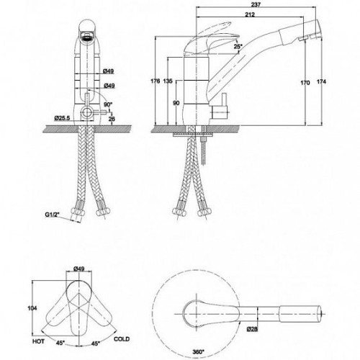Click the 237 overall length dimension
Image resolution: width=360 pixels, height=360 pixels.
pos(256,4)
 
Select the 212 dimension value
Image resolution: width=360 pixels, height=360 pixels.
pos(250,14)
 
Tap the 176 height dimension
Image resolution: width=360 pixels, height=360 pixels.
pos(155,81)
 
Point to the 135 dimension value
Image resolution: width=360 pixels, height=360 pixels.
pos(168,81)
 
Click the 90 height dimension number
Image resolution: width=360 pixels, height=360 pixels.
pos(176,103)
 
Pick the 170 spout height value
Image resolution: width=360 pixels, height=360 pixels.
pos(305,83)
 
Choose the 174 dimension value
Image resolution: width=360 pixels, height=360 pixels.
pos(321,82)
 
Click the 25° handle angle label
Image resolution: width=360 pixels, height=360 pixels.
pos(238,47)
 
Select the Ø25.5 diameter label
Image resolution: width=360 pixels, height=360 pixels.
pos(62,118)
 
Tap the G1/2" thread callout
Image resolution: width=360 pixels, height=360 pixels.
pos(53,215)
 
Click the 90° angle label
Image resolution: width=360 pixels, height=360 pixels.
pos(108,104)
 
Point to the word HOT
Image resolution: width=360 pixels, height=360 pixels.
pos(38,341)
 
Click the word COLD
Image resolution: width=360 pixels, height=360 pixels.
pos(122,339)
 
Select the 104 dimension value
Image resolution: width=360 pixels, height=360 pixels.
pos(32,308)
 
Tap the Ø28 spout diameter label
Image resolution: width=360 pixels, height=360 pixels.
pos(252,329)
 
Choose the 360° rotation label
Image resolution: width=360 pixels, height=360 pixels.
pos(198,352)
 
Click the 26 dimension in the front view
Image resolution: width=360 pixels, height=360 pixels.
pos(112,119)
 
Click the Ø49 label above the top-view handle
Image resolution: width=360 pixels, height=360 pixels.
pos(79,269)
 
